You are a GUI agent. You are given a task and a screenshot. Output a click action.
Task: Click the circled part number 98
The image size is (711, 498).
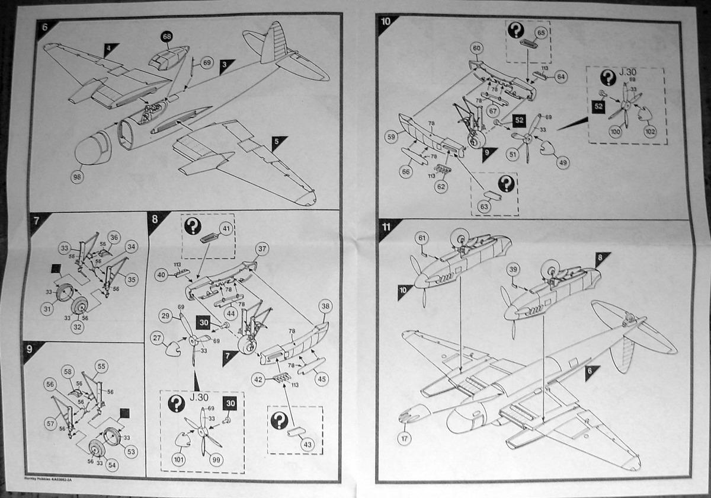(x=76, y=176)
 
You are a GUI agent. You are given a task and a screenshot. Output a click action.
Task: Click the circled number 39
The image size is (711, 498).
(x=513, y=269)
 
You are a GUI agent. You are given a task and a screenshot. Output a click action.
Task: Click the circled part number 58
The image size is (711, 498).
(x=68, y=372)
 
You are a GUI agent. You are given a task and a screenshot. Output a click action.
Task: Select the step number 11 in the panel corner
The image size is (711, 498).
(x=386, y=227)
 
